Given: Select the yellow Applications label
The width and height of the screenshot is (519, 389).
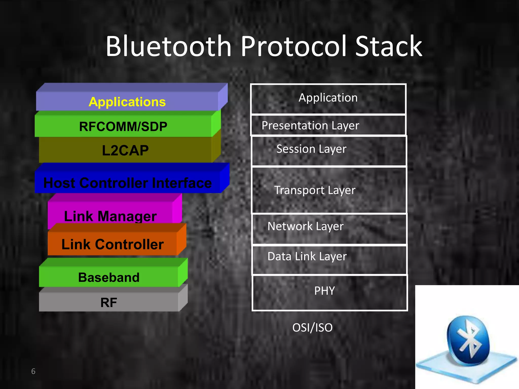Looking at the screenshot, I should [127, 102].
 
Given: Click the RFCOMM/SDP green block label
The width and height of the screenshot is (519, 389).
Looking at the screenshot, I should [123, 126].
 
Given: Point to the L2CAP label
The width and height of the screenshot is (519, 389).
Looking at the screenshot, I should [125, 150].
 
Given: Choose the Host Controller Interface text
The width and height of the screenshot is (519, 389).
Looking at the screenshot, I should [127, 183].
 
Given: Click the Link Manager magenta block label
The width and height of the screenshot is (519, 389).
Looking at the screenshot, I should [110, 216].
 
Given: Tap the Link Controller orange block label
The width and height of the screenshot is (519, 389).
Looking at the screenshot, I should [113, 244].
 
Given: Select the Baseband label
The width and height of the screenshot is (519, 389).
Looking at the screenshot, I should [109, 277].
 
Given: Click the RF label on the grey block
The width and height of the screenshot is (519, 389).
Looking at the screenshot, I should [109, 302].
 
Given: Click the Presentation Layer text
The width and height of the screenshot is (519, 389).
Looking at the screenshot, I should [310, 125].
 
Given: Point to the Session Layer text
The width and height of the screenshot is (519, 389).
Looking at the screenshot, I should [311, 149].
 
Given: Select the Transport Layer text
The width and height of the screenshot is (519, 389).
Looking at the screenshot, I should [315, 190].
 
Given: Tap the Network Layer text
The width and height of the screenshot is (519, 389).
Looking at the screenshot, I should [305, 226].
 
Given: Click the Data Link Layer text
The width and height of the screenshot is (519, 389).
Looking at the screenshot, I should [307, 256].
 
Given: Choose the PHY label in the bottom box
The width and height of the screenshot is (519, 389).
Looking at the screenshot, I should [324, 291].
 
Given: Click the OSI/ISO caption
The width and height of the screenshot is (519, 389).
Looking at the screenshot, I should [312, 328].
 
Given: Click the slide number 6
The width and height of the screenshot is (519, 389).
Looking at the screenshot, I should [33, 371].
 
